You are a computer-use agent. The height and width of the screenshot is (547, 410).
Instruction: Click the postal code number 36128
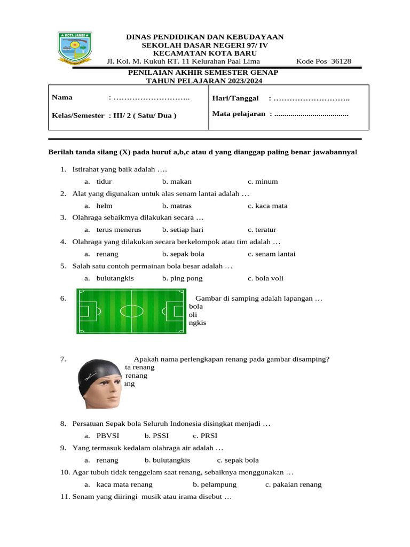click(341, 61)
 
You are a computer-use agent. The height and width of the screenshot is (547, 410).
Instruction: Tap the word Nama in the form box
click(62, 98)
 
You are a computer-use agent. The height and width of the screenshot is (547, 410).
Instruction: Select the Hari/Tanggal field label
click(235, 98)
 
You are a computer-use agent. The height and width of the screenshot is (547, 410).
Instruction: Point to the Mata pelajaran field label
click(239, 114)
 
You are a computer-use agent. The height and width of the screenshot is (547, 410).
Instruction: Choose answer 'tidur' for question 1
click(104, 182)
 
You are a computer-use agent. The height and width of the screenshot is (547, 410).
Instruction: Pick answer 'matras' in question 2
click(180, 206)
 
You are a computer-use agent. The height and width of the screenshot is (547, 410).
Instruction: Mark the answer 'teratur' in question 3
click(265, 230)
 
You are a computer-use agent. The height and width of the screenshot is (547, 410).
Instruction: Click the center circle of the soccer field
click(131, 311)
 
